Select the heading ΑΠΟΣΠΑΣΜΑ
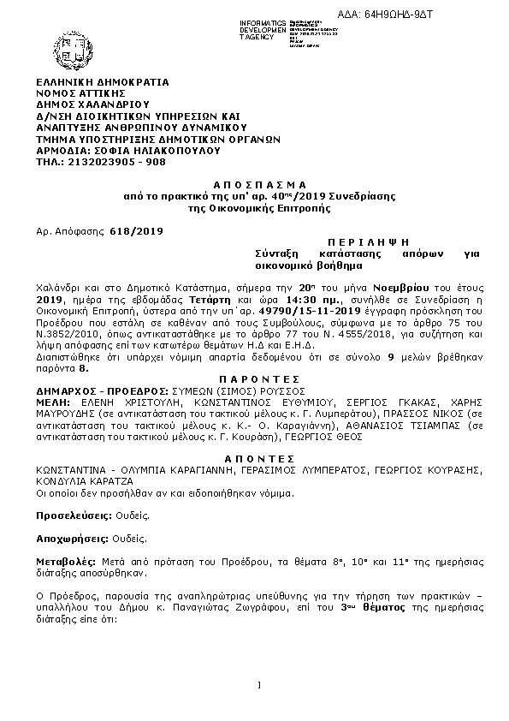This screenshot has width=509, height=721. coord(257,185)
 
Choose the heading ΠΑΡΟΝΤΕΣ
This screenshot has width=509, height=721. coord(257,378)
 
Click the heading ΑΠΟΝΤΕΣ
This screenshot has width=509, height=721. coord(257,459)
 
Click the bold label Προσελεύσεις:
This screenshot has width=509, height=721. coord(73,516)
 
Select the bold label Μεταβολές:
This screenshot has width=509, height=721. coord(65,563)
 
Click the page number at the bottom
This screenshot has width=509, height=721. coord(257,683)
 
